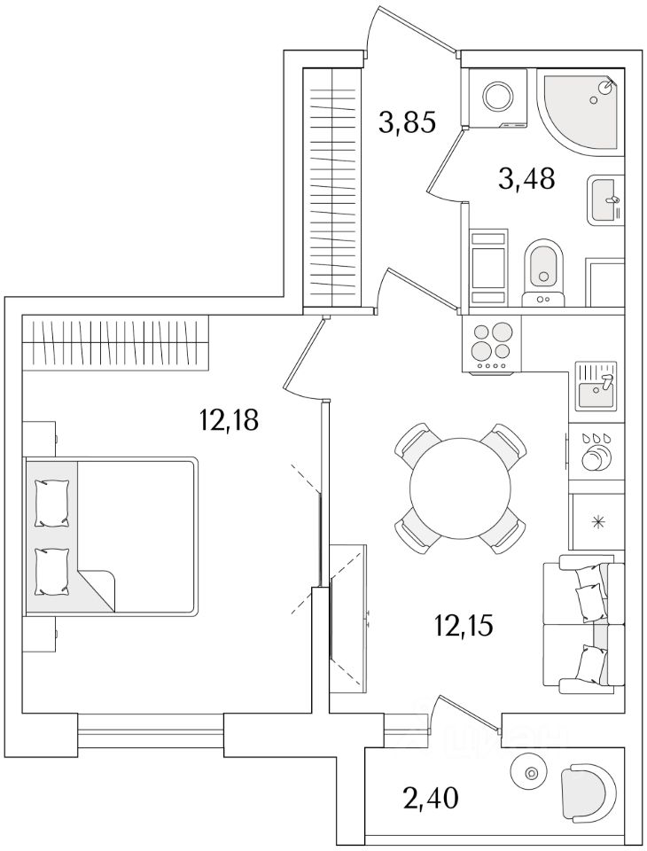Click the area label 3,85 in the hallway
coord(407,121)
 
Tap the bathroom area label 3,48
coord(526,179)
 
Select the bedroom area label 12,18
coord(229,419)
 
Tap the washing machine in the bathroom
coord(495,98)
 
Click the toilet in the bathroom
coord(542,265)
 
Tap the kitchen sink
coord(597,385)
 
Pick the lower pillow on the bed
coord(51,572)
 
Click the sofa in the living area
coord(582,622)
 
